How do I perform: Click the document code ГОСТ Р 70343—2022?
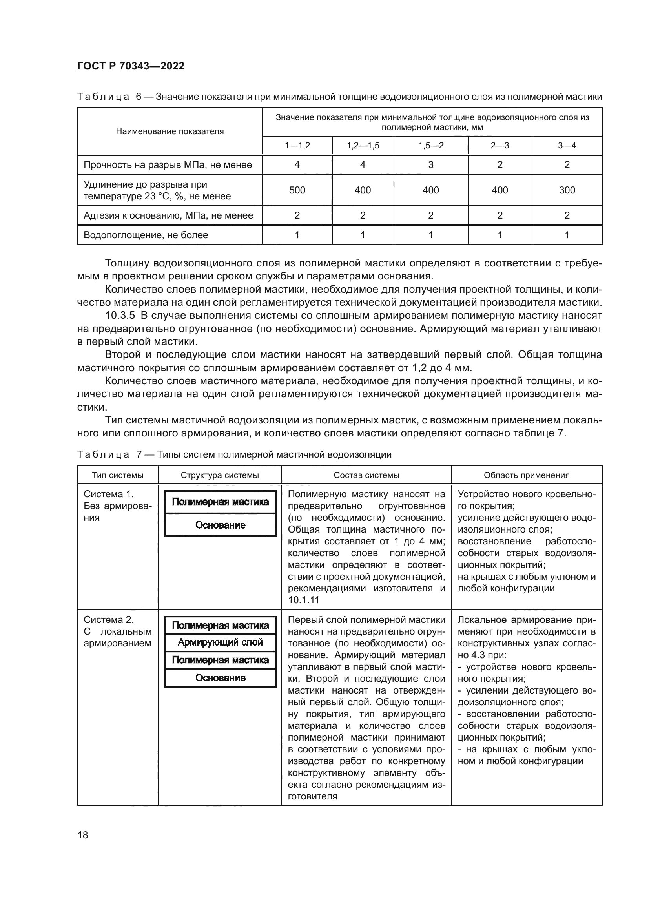tap(131, 66)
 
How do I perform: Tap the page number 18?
tap(83, 835)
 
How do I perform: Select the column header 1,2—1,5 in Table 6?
tap(363, 146)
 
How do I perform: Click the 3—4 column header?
tap(567, 146)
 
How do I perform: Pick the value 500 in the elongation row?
tap(297, 190)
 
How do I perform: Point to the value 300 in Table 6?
tap(567, 190)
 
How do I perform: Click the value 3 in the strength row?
tap(430, 165)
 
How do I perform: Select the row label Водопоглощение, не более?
tap(146, 235)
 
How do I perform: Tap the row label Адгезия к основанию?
tap(168, 215)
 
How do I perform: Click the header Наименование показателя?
tap(170, 131)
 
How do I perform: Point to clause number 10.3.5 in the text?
tap(120, 316)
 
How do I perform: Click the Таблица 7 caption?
tap(234, 454)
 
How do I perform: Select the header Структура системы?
tap(220, 475)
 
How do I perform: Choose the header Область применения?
tap(526, 475)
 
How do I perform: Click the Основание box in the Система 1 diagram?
tap(220, 526)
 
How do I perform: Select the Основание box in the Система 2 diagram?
tap(220, 678)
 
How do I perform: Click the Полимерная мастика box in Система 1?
tap(220, 502)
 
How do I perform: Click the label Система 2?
tap(108, 620)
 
